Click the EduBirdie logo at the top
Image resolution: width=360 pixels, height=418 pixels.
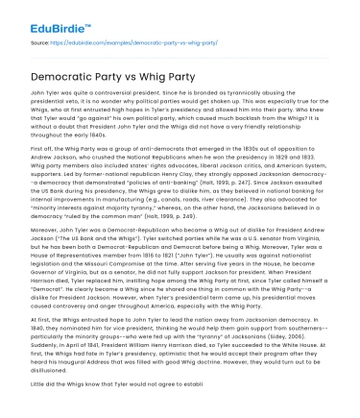point(43,14)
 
